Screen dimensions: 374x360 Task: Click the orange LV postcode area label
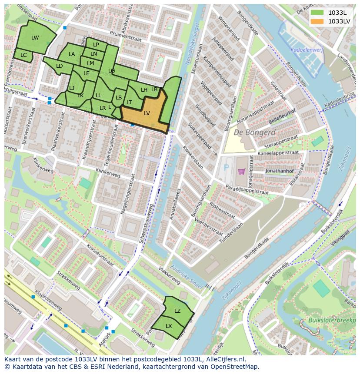point(147,113)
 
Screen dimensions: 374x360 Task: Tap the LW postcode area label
point(35,38)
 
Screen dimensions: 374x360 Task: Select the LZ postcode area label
point(177,311)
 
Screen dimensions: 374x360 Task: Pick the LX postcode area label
point(169,326)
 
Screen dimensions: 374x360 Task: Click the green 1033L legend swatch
point(317,12)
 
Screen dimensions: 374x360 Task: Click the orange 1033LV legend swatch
point(317,21)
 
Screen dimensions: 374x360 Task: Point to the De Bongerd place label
point(254,132)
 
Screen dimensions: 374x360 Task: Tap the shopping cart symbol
point(241,172)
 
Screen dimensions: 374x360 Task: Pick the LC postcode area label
point(23,55)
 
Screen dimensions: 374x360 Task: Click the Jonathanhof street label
point(280,171)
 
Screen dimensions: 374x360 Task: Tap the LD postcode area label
point(59,66)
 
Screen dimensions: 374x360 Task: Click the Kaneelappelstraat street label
point(278,153)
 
